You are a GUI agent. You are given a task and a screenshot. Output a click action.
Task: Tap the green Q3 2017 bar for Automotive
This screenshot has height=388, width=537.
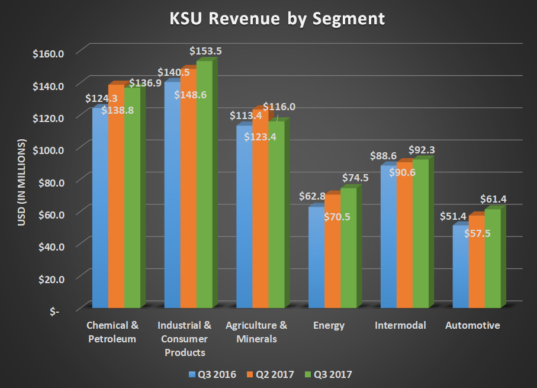[x=492, y=261]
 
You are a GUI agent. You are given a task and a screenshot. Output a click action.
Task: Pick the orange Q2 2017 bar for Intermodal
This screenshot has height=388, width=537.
[x=404, y=249]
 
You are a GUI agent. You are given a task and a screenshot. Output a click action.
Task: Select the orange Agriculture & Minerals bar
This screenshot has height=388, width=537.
[x=260, y=225]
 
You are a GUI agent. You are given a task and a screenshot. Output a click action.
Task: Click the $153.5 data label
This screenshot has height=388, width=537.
[x=205, y=51]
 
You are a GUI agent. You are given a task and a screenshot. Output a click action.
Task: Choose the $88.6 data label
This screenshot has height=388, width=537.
[x=387, y=156]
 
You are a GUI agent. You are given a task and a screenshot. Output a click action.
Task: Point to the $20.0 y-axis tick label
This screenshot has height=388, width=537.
[x=49, y=278]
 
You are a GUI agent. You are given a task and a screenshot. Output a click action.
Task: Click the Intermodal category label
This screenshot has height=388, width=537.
[x=401, y=325]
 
